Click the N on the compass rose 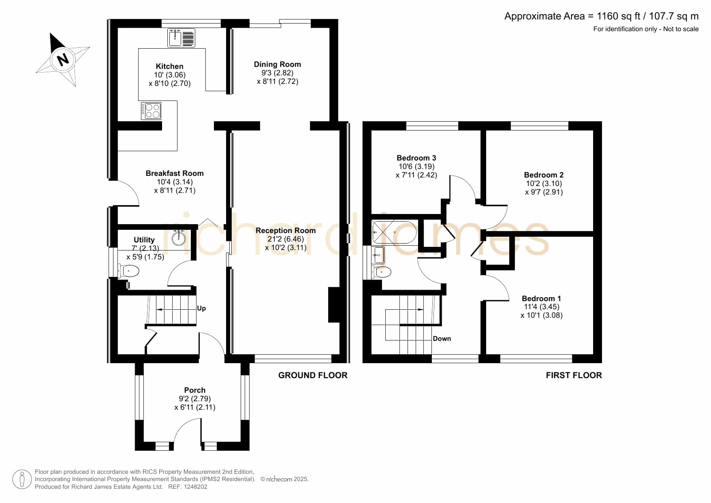pyautogui.click(x=63, y=60)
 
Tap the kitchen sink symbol pyautogui.click(x=181, y=38)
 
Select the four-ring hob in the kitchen pyautogui.click(x=151, y=111)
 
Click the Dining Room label pyautogui.click(x=278, y=64)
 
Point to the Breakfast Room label pyautogui.click(x=175, y=173)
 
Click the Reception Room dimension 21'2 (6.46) pyautogui.click(x=286, y=239)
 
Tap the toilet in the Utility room pyautogui.click(x=129, y=270)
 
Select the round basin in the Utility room pyautogui.click(x=179, y=238)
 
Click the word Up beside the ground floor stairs pyautogui.click(x=201, y=308)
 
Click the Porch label pyautogui.click(x=195, y=390)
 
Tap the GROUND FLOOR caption pyautogui.click(x=313, y=375)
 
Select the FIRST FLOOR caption pyautogui.click(x=574, y=375)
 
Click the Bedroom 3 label pyautogui.click(x=416, y=158)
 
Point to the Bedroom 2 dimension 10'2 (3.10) pyautogui.click(x=544, y=183)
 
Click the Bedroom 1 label pyautogui.click(x=541, y=298)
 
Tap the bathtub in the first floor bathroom pyautogui.click(x=394, y=232)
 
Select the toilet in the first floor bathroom pyautogui.click(x=382, y=272)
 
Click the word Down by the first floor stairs pyautogui.click(x=442, y=338)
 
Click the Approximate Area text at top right pyautogui.click(x=601, y=16)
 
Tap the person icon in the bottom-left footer pyautogui.click(x=22, y=479)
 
